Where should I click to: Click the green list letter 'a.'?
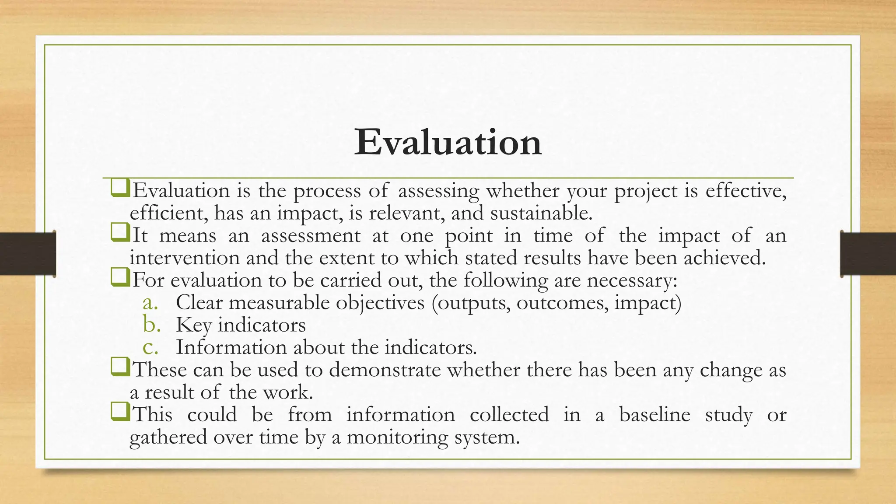point(150,303)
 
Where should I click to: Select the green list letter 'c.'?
point(150,347)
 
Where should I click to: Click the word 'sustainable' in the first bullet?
point(541,213)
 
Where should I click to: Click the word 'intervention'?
point(184,258)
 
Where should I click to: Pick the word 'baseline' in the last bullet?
point(654,414)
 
